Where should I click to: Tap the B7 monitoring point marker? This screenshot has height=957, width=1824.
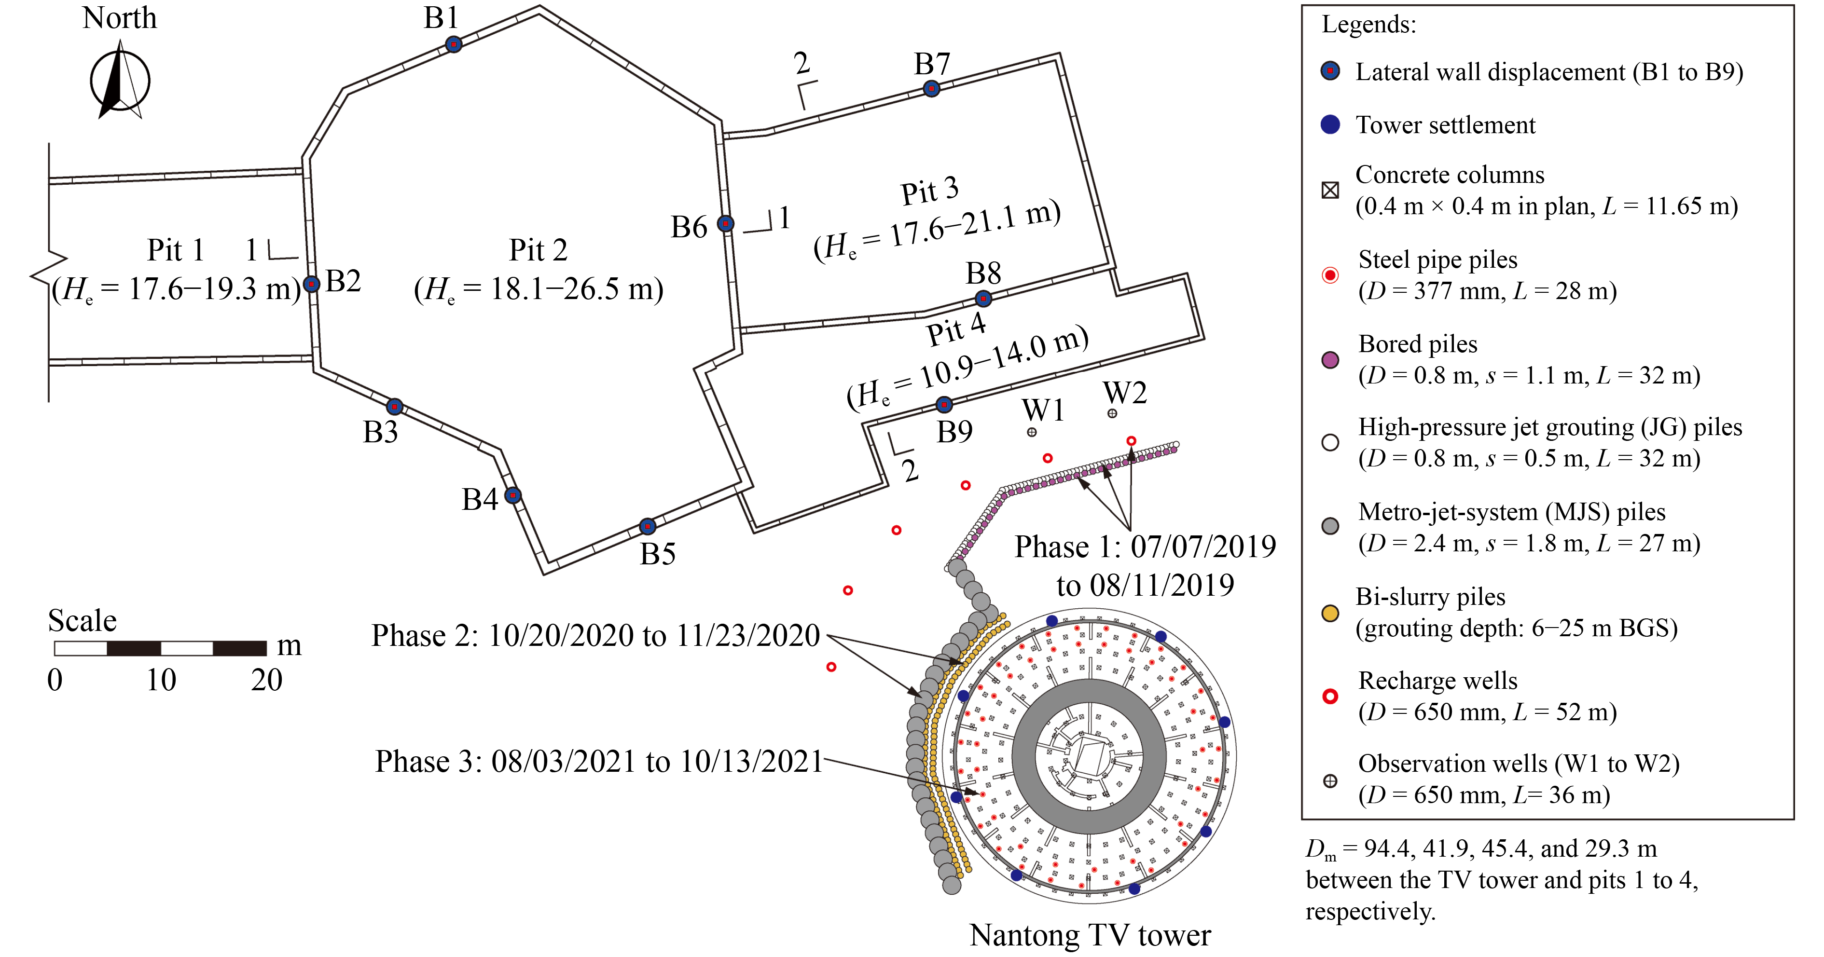tap(931, 88)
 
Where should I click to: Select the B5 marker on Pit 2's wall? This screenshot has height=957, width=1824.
tap(647, 526)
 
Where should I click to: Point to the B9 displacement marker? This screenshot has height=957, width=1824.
tap(944, 404)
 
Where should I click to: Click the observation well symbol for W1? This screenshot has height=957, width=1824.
tap(1032, 432)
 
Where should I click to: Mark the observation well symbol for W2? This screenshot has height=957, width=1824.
tap(1112, 413)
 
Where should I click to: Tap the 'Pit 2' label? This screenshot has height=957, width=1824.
tap(538, 250)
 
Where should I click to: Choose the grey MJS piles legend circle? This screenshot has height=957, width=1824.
tap(1330, 526)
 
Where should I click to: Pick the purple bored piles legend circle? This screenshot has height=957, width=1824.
tap(1330, 359)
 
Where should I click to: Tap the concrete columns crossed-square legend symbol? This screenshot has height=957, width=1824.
tap(1330, 190)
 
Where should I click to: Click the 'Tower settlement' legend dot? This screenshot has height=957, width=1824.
tap(1330, 124)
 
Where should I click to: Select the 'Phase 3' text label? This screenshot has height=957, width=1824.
tap(428, 762)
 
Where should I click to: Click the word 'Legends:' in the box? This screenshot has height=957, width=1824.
tap(1368, 25)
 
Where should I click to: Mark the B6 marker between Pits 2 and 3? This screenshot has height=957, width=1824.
tap(725, 224)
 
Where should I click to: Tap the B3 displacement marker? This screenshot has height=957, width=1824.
tap(394, 406)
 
